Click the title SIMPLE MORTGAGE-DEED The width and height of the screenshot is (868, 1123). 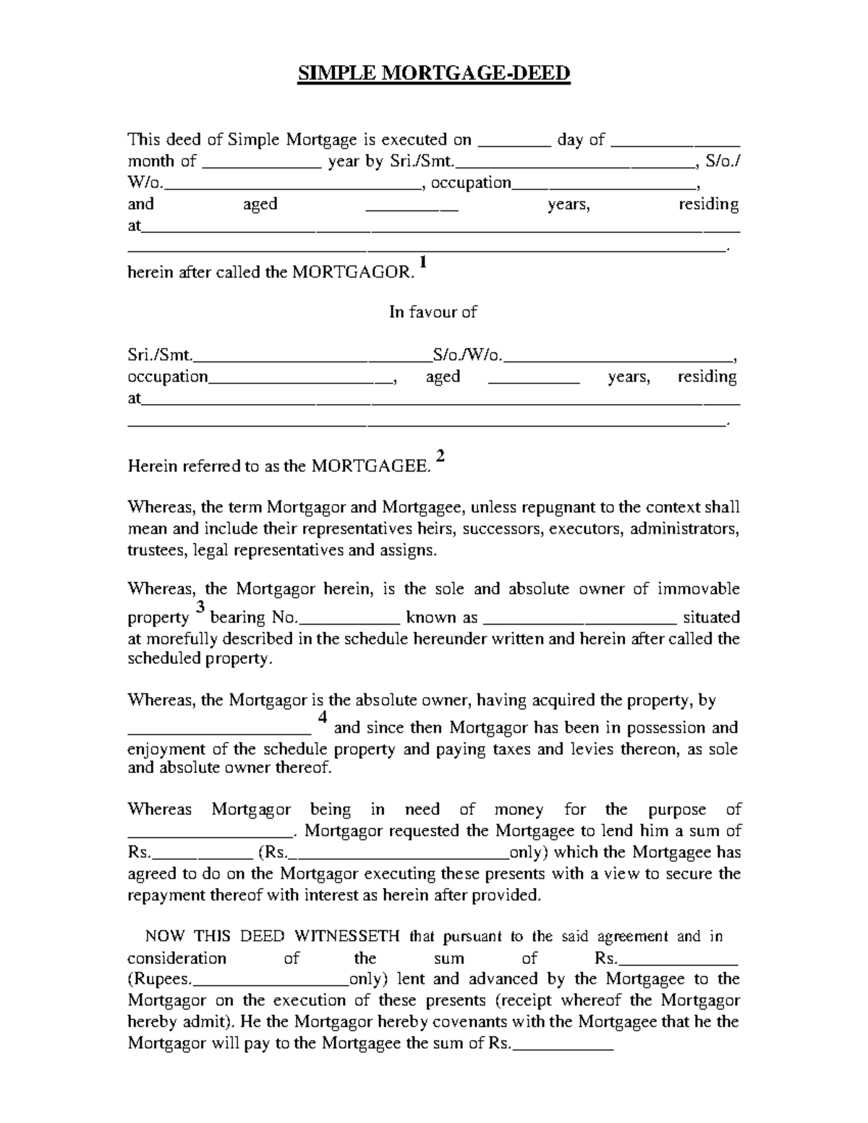(434, 74)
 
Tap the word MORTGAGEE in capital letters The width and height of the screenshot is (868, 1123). (370, 466)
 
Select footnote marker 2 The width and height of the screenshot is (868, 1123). (441, 456)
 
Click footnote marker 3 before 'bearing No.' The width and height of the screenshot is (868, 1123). (200, 607)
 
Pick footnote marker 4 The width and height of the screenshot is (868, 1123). (323, 717)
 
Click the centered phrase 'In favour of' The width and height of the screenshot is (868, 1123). (433, 312)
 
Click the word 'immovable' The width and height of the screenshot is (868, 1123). (698, 589)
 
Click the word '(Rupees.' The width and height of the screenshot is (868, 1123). (160, 980)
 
